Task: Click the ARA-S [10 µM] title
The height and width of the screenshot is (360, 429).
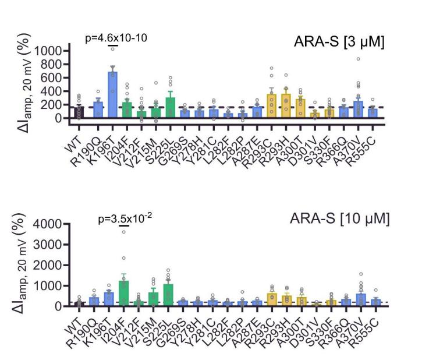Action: [339, 219]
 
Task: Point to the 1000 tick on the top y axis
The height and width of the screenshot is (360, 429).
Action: [48, 51]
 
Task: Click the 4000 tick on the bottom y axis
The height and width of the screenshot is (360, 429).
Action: [48, 224]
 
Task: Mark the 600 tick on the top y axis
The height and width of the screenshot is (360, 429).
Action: [52, 78]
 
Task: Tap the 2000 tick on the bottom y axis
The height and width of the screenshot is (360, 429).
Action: [48, 265]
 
